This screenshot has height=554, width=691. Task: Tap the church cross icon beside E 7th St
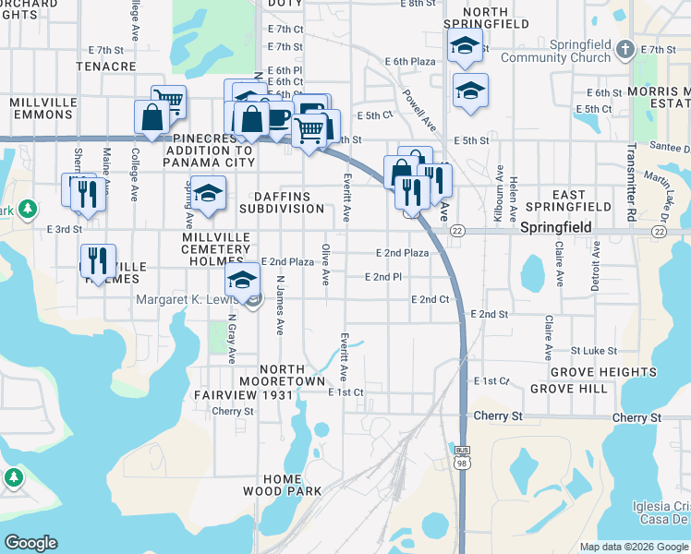625,48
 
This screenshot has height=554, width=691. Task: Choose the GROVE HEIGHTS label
603,372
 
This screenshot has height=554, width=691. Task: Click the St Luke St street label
593,351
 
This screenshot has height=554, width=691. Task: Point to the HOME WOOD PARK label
281,485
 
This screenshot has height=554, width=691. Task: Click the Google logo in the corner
30,543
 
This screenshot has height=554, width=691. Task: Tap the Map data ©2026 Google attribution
634,547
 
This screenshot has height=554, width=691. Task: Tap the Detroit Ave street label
597,266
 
